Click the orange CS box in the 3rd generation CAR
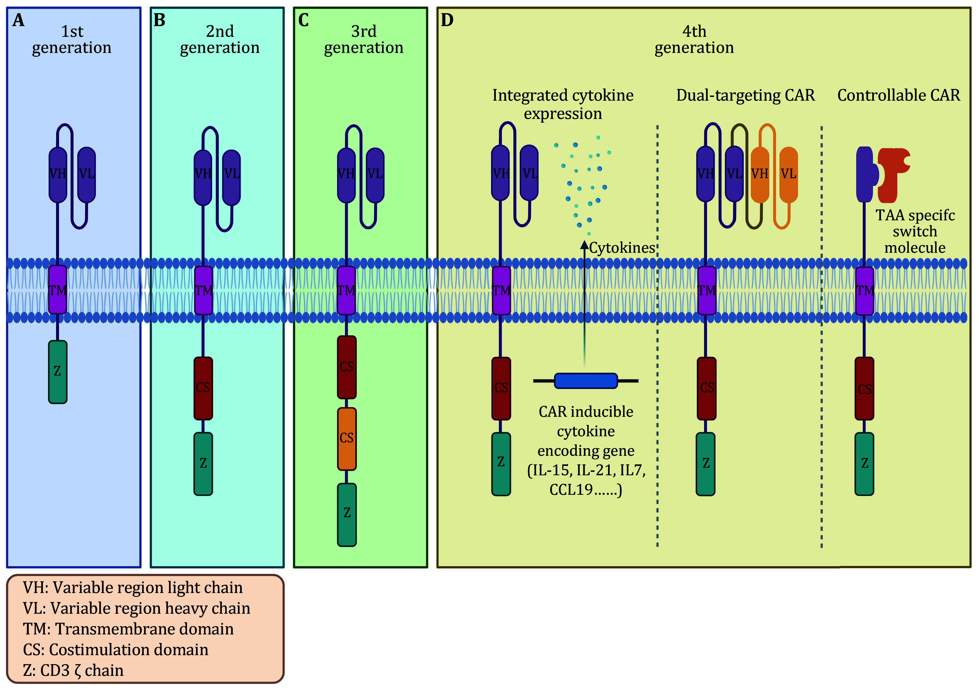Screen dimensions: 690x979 pos(347,438)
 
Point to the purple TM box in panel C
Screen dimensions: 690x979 pos(346,290)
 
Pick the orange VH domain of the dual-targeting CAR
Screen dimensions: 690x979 pos(759,174)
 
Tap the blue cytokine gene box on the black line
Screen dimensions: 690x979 pos(586,381)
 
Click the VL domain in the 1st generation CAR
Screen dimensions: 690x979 pos(87,174)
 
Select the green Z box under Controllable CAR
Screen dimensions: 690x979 pos(864,464)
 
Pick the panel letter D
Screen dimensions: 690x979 pos(447,20)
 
